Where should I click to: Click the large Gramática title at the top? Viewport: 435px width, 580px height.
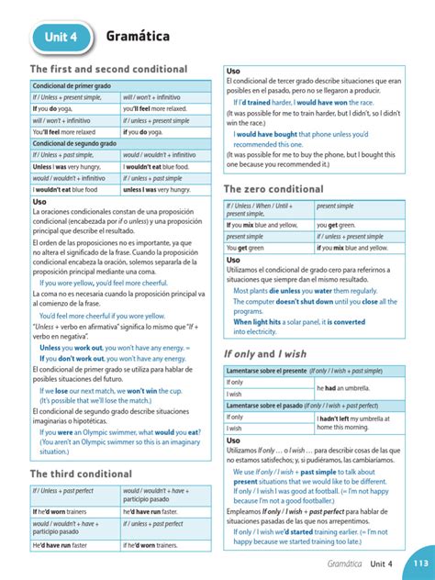141,36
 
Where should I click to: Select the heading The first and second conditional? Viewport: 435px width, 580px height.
108,70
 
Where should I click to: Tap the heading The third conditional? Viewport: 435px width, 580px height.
82,474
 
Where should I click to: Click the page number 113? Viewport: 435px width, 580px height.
420,563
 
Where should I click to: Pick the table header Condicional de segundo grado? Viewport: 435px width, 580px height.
74,144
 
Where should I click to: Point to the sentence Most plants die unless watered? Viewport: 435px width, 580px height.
304,290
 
